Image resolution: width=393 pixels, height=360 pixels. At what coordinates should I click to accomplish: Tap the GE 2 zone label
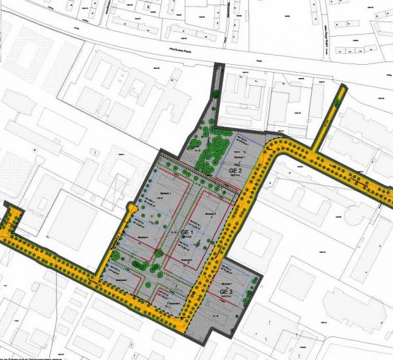236,171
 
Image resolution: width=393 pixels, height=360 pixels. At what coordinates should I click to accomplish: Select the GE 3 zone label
227,292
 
